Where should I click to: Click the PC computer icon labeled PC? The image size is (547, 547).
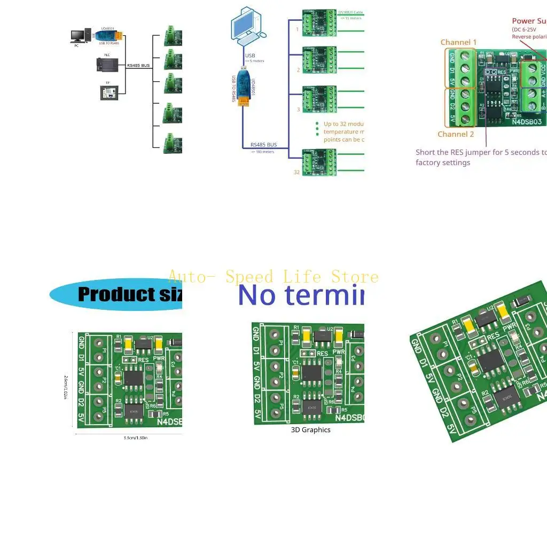coord(78,36)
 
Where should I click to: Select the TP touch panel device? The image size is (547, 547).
coord(108,91)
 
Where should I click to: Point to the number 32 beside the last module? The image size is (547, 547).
coord(296,172)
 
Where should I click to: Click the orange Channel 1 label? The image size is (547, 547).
coord(458,42)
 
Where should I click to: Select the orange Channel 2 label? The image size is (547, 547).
coord(456,134)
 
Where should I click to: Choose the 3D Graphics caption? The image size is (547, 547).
coord(310,429)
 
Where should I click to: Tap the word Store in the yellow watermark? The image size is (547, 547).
coord(355,277)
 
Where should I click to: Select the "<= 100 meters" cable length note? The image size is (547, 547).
coord(263,152)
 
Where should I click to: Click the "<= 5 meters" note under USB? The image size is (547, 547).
coord(255,61)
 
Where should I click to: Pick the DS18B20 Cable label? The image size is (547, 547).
coord(350,12)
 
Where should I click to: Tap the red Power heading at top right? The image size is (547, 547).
coord(524,21)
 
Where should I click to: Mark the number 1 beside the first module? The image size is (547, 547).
coord(298,29)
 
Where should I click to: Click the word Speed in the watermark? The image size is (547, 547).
coord(249,277)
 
